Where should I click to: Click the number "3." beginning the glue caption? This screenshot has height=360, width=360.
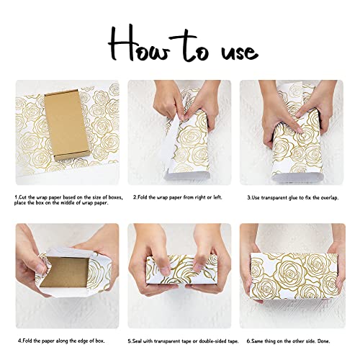(x=248, y=197)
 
